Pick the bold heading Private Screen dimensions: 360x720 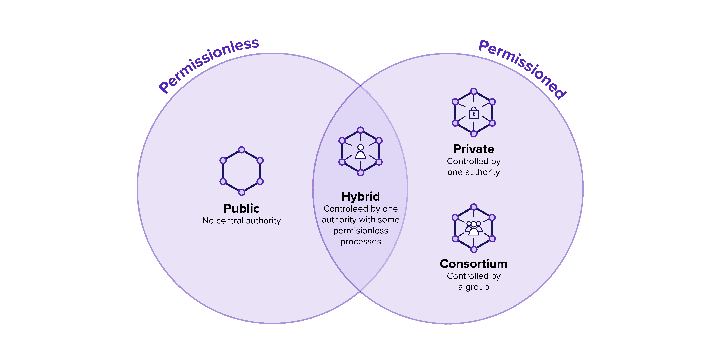(x=473, y=149)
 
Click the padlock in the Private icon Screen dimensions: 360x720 (x=473, y=113)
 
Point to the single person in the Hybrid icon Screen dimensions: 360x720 (x=361, y=152)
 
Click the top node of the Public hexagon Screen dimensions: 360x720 (x=241, y=150)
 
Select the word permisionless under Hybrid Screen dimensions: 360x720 (x=361, y=231)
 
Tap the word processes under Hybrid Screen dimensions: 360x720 (x=361, y=241)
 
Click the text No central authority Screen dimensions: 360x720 (x=241, y=221)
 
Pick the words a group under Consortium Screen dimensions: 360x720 (x=473, y=287)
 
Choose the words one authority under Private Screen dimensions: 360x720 (x=473, y=172)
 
